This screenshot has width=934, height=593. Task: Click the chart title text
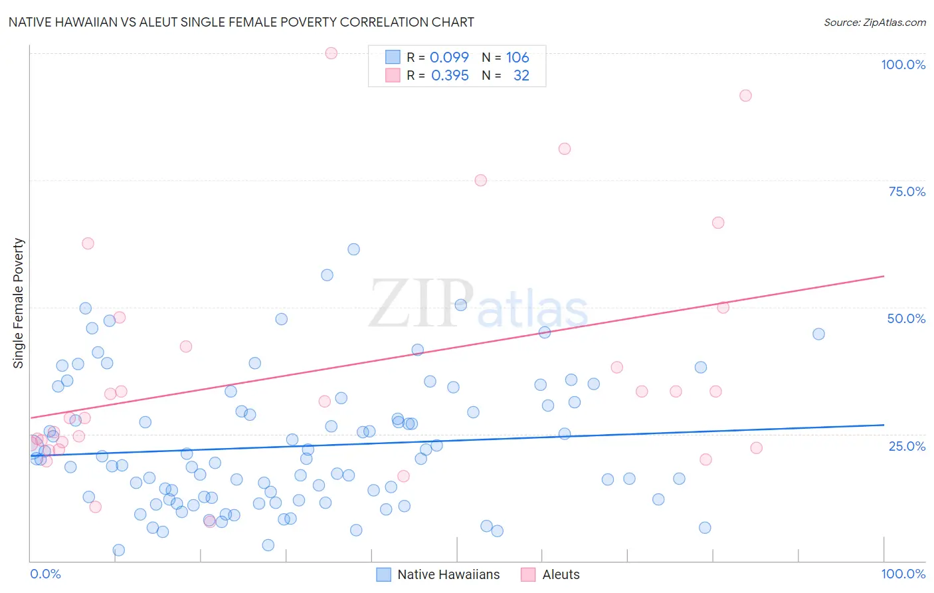click(x=241, y=22)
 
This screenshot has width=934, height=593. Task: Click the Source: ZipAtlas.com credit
click(x=874, y=22)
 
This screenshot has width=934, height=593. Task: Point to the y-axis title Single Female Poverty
click(x=19, y=303)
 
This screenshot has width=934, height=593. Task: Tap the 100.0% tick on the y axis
click(x=903, y=64)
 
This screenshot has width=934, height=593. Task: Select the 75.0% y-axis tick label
click(x=907, y=191)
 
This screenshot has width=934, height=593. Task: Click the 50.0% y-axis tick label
click(x=906, y=318)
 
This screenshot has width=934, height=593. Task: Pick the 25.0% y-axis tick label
click(x=907, y=446)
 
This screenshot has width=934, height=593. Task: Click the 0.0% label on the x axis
click(x=45, y=574)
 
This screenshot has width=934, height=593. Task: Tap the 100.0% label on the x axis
click(x=903, y=574)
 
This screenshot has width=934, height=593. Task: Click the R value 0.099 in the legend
click(x=449, y=57)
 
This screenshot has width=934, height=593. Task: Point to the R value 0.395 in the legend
click(x=450, y=76)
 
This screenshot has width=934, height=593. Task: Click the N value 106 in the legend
click(x=517, y=57)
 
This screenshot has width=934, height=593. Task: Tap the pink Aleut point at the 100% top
click(x=331, y=53)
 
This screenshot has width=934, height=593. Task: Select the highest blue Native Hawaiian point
click(x=354, y=249)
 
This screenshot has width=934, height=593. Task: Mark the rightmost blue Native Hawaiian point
click(x=818, y=334)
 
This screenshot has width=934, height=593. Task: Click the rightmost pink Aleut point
click(x=756, y=448)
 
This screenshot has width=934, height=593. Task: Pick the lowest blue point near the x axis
click(x=119, y=550)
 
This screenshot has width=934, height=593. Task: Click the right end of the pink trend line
click(x=884, y=276)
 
